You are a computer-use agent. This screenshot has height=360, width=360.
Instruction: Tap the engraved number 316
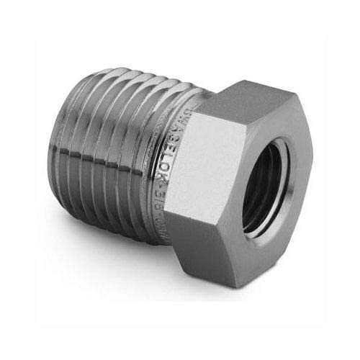tap(182, 193)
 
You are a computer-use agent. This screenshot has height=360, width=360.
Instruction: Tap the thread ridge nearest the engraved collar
tap(167, 158)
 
